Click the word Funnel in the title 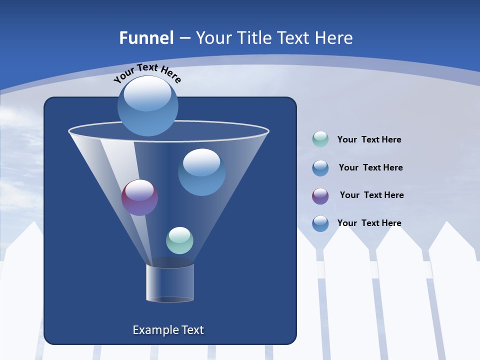point(146,38)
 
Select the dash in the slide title point(184,38)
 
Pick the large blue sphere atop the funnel point(148,106)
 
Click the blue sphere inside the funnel point(201,172)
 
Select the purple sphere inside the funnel point(139,197)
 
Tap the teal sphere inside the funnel point(179,240)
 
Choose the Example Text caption point(168,330)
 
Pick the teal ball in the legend point(320,139)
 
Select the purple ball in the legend point(320,196)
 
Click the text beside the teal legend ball point(369,140)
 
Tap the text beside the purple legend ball point(371,195)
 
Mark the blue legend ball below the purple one point(320,223)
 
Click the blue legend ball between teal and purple point(320,168)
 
